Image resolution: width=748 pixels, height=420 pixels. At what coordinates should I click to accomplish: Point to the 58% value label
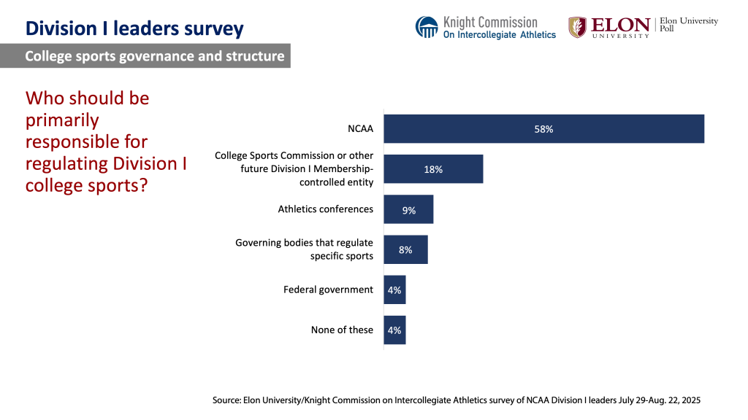543,129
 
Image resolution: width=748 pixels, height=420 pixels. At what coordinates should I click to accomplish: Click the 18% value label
433,169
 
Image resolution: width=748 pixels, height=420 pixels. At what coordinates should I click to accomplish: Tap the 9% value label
409,210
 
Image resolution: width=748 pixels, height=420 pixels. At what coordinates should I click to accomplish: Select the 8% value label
405,249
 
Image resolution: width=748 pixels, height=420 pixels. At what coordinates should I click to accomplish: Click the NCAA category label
360,129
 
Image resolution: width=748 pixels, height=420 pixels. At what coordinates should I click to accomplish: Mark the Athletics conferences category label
325,209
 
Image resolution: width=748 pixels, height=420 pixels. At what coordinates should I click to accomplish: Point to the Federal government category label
328,289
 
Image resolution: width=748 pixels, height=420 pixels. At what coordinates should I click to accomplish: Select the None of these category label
342,330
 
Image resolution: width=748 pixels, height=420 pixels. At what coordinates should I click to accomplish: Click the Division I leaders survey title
134,28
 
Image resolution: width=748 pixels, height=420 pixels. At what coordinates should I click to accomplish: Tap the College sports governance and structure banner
154,56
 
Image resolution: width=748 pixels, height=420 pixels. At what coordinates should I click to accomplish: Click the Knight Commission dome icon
427,27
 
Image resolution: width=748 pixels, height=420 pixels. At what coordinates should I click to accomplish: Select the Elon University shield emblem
577,27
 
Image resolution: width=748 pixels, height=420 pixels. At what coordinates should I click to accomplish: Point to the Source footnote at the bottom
457,400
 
